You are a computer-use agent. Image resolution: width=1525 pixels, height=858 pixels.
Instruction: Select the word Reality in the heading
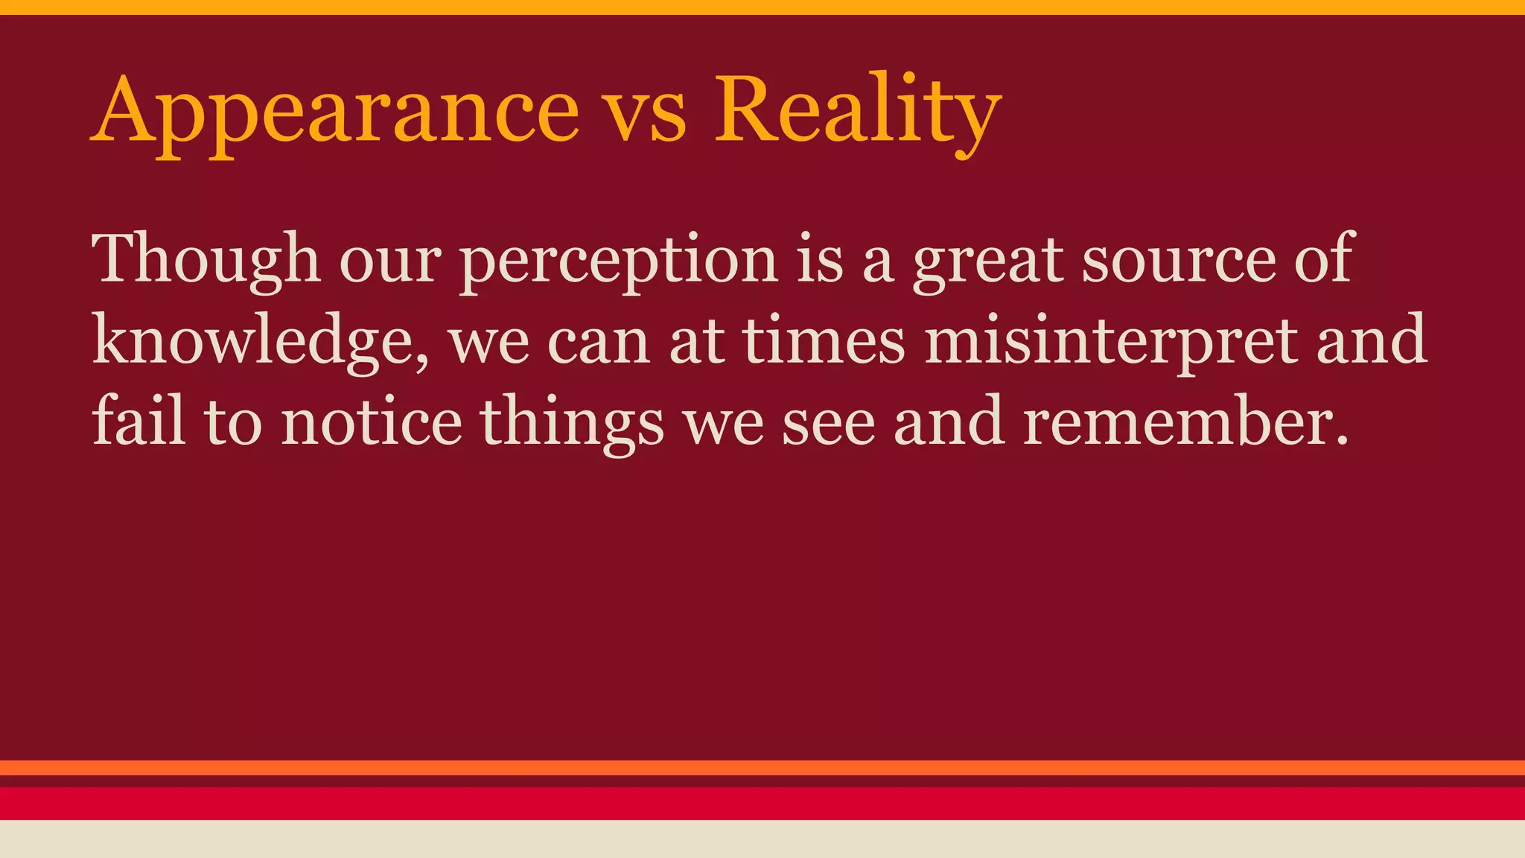856,112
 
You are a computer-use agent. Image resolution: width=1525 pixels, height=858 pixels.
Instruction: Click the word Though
206,260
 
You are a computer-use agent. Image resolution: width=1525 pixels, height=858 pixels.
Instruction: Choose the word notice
372,422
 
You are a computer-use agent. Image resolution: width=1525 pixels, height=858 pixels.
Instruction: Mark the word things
571,423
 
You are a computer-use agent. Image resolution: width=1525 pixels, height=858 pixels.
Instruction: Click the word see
828,423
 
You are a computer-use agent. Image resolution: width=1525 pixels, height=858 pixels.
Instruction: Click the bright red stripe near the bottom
762,804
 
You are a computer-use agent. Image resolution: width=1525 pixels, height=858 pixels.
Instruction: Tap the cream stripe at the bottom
762,839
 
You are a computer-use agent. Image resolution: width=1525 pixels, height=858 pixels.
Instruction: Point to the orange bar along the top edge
762,7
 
